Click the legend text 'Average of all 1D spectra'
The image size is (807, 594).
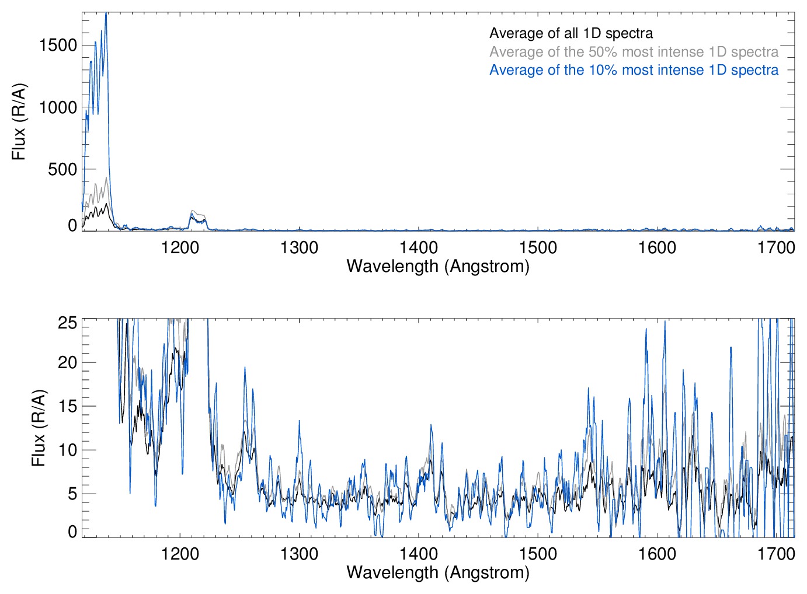pos(571,33)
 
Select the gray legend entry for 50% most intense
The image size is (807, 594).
pos(634,52)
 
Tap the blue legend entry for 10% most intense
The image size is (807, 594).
pos(634,70)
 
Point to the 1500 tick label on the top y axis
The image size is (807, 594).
pos(58,45)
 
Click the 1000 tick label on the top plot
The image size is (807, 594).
pos(58,107)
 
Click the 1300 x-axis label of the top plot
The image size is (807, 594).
pos(299,248)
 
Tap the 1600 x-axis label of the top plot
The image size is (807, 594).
pos(657,248)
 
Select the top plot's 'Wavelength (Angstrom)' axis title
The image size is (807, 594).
pos(438,267)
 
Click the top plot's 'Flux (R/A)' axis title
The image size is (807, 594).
pos(19,121)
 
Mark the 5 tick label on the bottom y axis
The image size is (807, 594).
pos(72,494)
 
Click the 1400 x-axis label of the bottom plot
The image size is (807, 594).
pos(419,554)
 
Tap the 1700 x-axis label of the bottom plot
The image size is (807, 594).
pos(776,554)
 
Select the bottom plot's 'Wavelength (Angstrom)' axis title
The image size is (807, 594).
pos(438,572)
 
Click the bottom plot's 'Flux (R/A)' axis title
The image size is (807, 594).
pos(39,428)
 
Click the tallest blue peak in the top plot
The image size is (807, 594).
pos(106,14)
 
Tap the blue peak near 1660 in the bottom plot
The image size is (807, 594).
pos(731,348)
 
